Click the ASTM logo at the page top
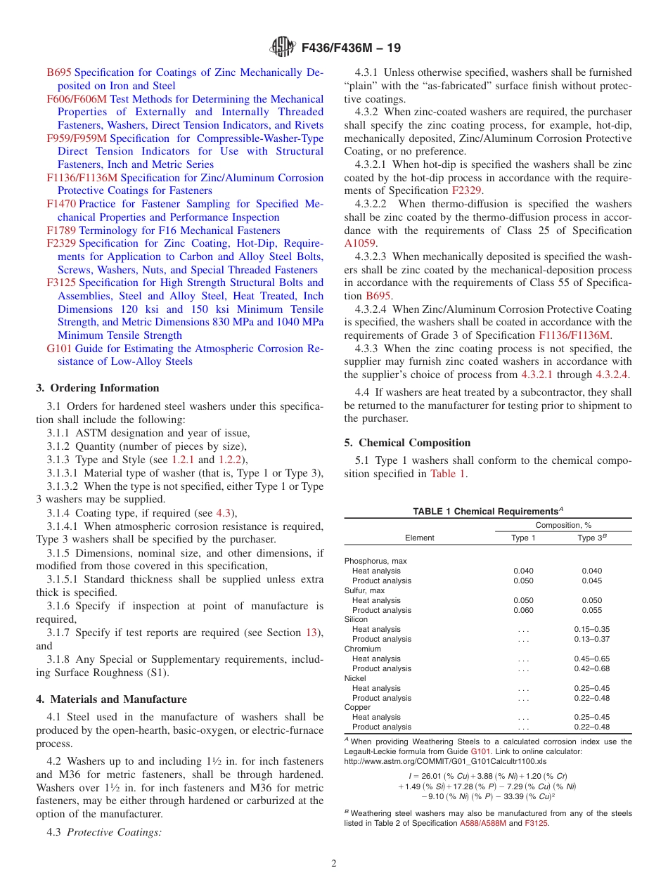(x=283, y=48)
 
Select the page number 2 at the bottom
(x=334, y=863)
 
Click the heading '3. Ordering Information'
(x=98, y=388)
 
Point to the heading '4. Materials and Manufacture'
(x=112, y=699)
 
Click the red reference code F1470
(x=61, y=204)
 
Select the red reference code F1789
(x=61, y=231)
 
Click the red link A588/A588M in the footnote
(x=482, y=823)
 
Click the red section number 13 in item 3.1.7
(x=311, y=633)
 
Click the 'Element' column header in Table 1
(x=419, y=538)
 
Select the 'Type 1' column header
(x=523, y=538)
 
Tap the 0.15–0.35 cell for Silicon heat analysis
(x=591, y=630)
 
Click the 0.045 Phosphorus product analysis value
(x=591, y=581)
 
